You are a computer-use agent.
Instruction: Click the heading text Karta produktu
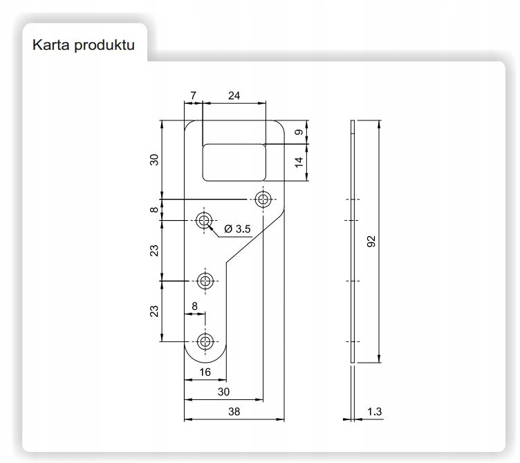83,45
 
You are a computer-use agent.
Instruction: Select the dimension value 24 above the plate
234,96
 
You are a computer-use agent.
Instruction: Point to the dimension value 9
298,132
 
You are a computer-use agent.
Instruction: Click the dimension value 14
298,162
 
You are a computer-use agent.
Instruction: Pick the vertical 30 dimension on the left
154,159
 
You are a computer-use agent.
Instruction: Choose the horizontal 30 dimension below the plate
223,392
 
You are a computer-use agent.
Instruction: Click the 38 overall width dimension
233,411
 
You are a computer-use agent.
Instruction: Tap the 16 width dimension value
205,372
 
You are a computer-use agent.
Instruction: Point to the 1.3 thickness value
375,412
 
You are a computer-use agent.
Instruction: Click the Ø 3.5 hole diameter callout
238,228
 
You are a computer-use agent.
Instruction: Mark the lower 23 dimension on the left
154,311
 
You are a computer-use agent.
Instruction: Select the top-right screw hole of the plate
263,199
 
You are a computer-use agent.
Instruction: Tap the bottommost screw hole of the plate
205,341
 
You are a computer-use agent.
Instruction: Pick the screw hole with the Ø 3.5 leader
204,221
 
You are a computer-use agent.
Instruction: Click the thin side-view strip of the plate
353,242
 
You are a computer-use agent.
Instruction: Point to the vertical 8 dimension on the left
154,210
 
